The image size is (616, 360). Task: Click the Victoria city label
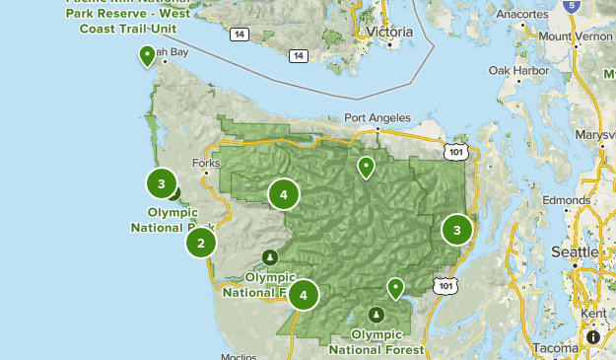(387, 32)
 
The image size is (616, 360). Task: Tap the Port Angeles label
(376, 118)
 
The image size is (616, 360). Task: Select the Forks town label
(207, 163)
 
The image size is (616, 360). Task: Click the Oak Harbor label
(514, 71)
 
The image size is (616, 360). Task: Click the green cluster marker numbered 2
(201, 243)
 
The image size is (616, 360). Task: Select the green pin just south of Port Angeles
(366, 168)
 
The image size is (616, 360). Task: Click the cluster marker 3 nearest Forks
(162, 183)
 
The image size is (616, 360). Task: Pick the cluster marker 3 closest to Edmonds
(456, 230)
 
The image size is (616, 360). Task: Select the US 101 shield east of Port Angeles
(454, 152)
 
